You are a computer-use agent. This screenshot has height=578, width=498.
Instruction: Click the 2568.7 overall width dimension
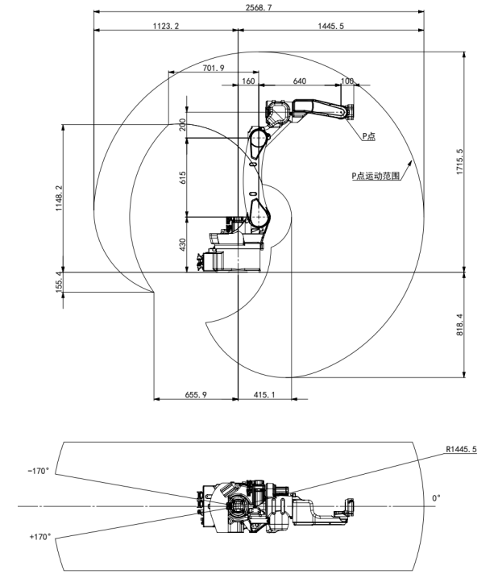[x=259, y=6]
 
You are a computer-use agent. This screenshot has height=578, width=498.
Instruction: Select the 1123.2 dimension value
[x=165, y=26]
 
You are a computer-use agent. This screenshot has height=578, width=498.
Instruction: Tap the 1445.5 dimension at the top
[x=330, y=26]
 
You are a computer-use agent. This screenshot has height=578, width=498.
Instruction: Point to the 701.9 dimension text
[x=213, y=68]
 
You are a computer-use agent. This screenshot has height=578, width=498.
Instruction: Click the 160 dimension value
[x=247, y=81]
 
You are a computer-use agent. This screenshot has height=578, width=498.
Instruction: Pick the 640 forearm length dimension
[x=299, y=81]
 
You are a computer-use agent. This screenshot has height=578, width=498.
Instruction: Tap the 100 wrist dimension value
[x=347, y=81]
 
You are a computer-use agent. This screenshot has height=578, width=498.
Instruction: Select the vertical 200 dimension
[x=182, y=124]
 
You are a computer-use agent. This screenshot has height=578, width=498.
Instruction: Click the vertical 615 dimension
[x=182, y=178]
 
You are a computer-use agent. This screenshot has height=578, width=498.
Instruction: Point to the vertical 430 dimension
[x=182, y=243]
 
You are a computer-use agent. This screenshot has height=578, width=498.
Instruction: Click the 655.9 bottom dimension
[x=196, y=394]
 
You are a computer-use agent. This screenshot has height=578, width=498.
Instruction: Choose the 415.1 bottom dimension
[x=264, y=394]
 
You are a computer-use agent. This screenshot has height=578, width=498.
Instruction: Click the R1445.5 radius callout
[x=460, y=449]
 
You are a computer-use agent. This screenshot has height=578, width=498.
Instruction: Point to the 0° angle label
[x=436, y=498]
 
